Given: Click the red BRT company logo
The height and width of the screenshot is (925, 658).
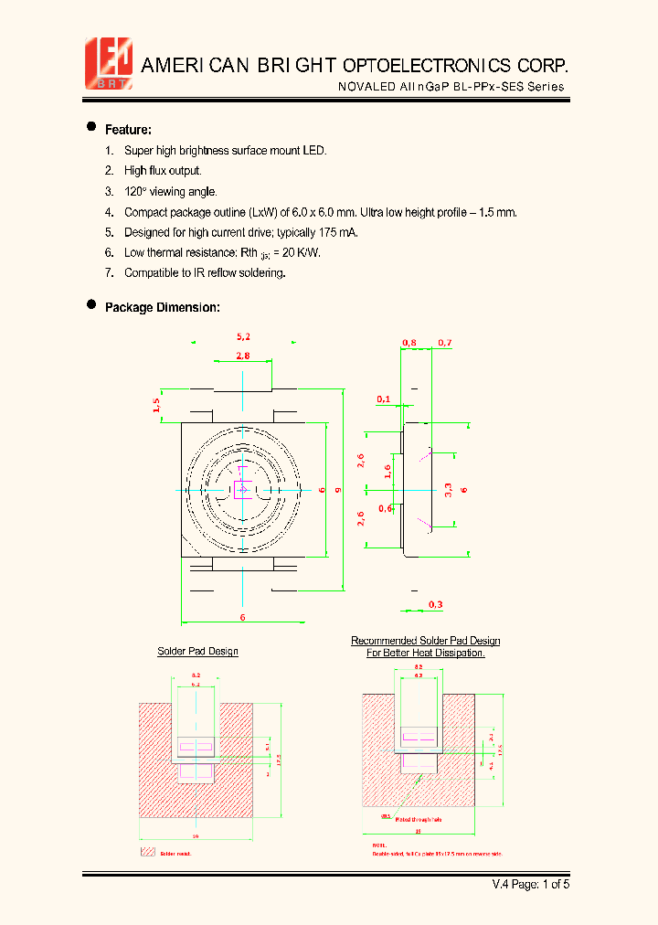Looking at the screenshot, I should click(x=109, y=63).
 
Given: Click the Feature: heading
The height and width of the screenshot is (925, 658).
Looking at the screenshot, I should click(x=128, y=130).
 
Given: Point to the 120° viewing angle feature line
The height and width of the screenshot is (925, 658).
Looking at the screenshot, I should click(x=170, y=192).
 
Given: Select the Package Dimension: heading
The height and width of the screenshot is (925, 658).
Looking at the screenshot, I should click(x=162, y=308).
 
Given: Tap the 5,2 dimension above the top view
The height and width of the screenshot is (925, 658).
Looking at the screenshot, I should click(x=243, y=337).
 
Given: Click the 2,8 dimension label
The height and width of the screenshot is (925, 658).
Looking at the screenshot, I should click(x=243, y=356).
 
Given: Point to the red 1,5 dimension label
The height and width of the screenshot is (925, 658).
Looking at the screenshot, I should click(x=156, y=405).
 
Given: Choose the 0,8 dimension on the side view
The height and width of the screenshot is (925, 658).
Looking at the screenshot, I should click(x=409, y=343).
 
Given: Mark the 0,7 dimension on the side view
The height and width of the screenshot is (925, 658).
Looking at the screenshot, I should click(x=444, y=343).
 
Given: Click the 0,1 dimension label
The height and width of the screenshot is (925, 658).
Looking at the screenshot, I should click(x=383, y=399).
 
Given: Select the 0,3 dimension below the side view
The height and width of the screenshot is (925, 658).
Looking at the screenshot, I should click(x=435, y=604).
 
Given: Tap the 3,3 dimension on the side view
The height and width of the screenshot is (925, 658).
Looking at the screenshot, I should click(x=448, y=490).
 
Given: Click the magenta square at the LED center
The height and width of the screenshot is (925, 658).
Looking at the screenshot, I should click(x=243, y=490).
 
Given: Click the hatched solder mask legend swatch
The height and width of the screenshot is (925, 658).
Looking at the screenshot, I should click(x=147, y=852).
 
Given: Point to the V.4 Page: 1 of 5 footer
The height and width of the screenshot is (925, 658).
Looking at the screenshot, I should click(x=531, y=884).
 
